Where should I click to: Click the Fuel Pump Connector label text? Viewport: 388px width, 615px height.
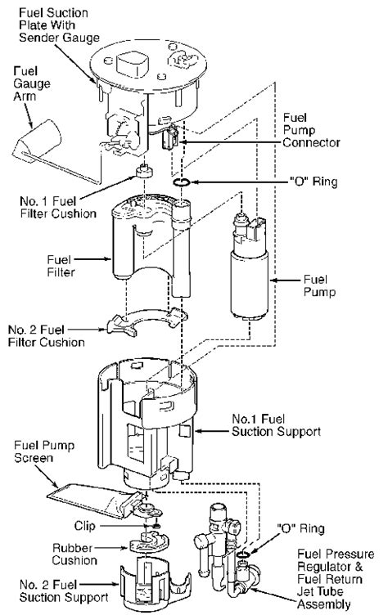pyautogui.click(x=311, y=130)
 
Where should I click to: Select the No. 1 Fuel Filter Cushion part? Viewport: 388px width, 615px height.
pyautogui.click(x=144, y=172)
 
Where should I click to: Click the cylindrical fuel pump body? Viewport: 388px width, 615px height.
pyautogui.click(x=250, y=285)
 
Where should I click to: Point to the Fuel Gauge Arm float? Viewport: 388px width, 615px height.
pyautogui.click(x=39, y=139)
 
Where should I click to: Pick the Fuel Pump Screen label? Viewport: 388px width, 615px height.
pyautogui.click(x=43, y=451)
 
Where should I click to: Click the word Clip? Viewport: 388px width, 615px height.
pyautogui.click(x=84, y=526)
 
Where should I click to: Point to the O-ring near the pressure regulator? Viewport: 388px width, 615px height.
pyautogui.click(x=242, y=554)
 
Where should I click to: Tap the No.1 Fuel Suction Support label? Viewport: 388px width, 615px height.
pyautogui.click(x=276, y=425)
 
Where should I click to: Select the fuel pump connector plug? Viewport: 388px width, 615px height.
pyautogui.click(x=170, y=137)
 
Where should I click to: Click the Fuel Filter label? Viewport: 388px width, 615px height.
pyautogui.click(x=60, y=266)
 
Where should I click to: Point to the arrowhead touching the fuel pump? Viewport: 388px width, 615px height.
pyautogui.click(x=273, y=280)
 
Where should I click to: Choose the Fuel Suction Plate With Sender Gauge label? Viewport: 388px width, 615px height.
pyautogui.click(x=58, y=25)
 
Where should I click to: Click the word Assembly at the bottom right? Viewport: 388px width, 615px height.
pyautogui.click(x=323, y=604)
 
